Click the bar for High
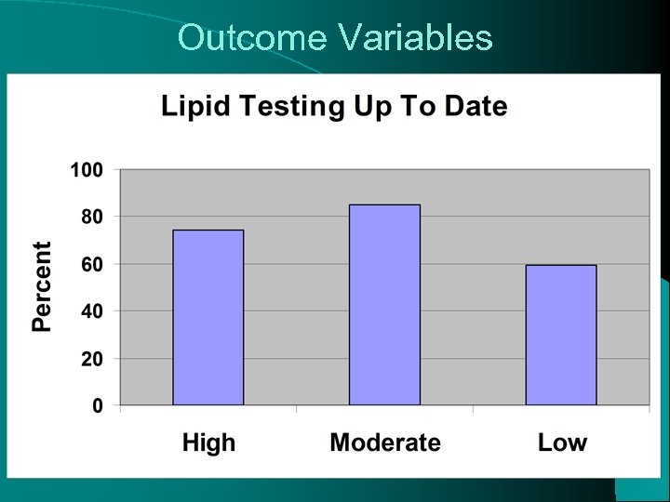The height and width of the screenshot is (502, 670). (208, 317)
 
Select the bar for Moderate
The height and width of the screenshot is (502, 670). (384, 305)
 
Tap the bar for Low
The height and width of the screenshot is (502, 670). (560, 335)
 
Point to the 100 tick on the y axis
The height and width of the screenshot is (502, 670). (86, 170)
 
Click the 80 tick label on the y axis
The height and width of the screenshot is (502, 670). (91, 217)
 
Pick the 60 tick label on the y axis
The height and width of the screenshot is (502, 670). (91, 264)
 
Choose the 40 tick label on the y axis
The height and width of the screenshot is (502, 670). (91, 311)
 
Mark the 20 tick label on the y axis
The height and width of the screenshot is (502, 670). (91, 359)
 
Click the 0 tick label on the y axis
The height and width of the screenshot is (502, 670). (98, 405)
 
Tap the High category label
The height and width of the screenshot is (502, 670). (208, 443)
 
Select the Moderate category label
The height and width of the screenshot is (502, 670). (384, 443)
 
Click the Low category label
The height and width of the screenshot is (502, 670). (562, 443)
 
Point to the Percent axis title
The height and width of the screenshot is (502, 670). (43, 286)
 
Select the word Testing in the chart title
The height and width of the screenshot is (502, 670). (279, 107)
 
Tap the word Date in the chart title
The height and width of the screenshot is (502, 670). (476, 106)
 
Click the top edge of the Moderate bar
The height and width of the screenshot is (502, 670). (384, 205)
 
